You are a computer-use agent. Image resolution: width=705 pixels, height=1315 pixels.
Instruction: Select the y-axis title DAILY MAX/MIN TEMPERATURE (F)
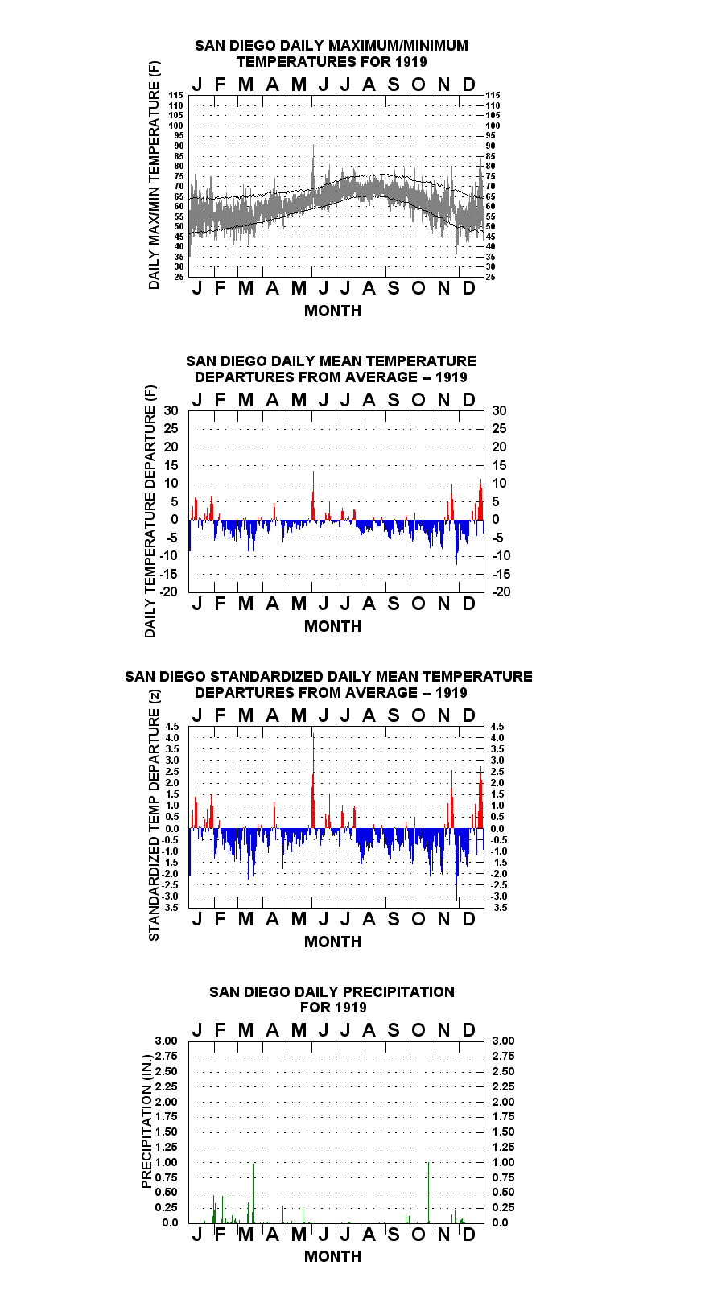coord(154,175)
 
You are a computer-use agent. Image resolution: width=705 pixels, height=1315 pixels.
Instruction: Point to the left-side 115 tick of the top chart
coord(176,95)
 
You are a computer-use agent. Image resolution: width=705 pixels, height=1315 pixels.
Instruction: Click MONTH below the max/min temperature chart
coord(332,311)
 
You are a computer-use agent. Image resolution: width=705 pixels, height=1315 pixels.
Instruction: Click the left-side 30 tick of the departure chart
coord(171,411)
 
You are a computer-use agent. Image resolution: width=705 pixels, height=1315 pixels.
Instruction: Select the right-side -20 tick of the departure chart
coord(501,592)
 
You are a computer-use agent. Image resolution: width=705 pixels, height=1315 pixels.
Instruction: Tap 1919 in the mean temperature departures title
coord(451,377)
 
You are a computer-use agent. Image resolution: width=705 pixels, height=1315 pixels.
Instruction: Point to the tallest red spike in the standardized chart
coord(314,781)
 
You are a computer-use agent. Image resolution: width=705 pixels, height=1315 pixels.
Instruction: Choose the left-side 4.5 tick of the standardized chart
coord(172,727)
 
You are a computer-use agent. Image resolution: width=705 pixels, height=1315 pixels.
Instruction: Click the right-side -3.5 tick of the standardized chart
coord(499,908)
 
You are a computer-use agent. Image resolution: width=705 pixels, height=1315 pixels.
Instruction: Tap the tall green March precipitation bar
coord(253,1193)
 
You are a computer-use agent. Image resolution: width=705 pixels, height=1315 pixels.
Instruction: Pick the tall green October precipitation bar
coord(428,1193)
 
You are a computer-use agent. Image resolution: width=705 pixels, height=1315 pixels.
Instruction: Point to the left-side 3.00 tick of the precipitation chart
coord(166,1041)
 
